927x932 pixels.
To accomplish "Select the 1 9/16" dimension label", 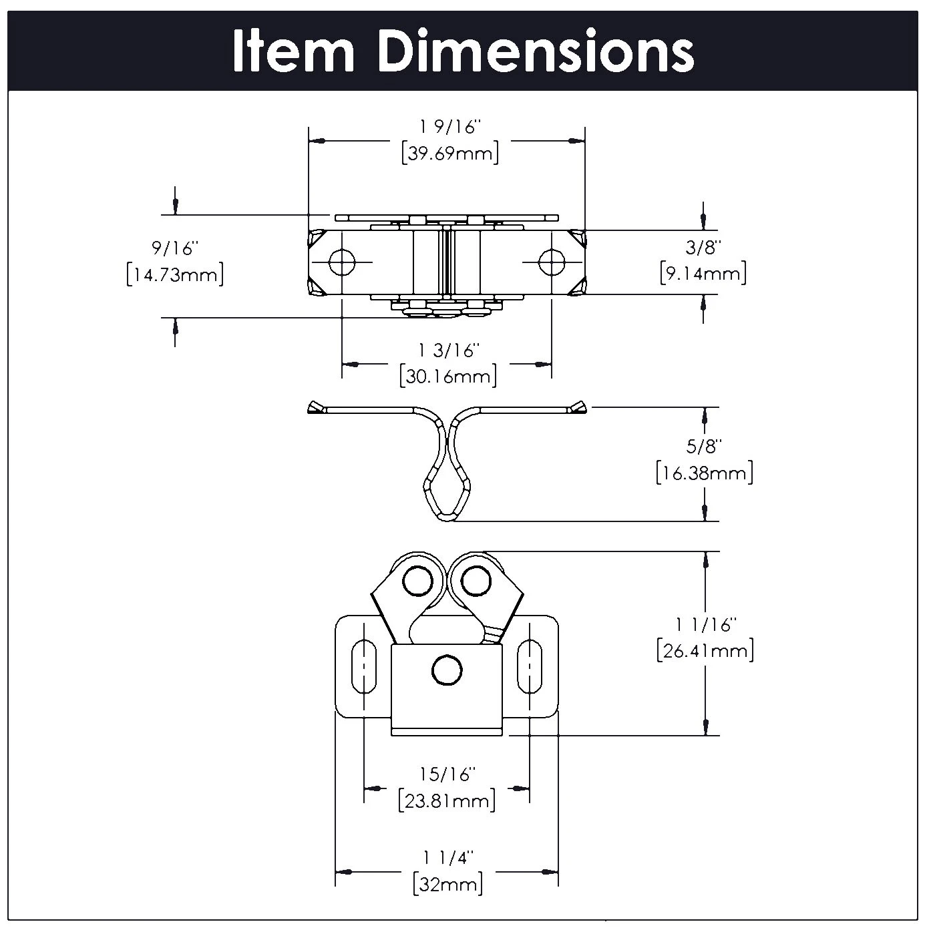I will (450, 127).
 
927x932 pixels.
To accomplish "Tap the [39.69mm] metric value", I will (450, 153).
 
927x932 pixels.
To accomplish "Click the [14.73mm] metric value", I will (175, 274).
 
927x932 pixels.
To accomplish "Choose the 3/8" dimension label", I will (704, 248).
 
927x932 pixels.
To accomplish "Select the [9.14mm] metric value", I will (703, 273).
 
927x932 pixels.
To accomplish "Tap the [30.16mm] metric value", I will (449, 376).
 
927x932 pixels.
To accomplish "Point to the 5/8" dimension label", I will (705, 446).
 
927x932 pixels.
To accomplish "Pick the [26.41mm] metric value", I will (705, 650).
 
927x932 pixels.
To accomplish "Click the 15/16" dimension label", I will (447, 774).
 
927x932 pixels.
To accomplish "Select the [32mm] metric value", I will (447, 885).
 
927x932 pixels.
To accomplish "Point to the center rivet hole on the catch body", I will (446, 670).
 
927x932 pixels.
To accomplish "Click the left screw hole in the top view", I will (343, 262).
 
